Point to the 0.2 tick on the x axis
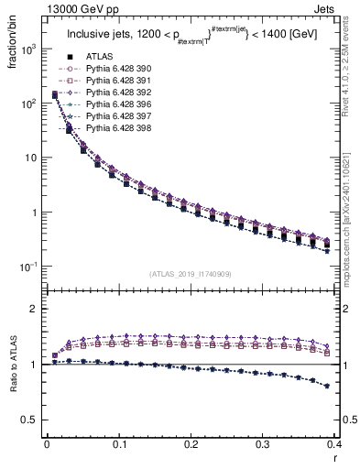[x=191, y=444]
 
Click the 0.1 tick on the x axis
[x=119, y=444]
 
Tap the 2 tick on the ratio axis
[x=34, y=309]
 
